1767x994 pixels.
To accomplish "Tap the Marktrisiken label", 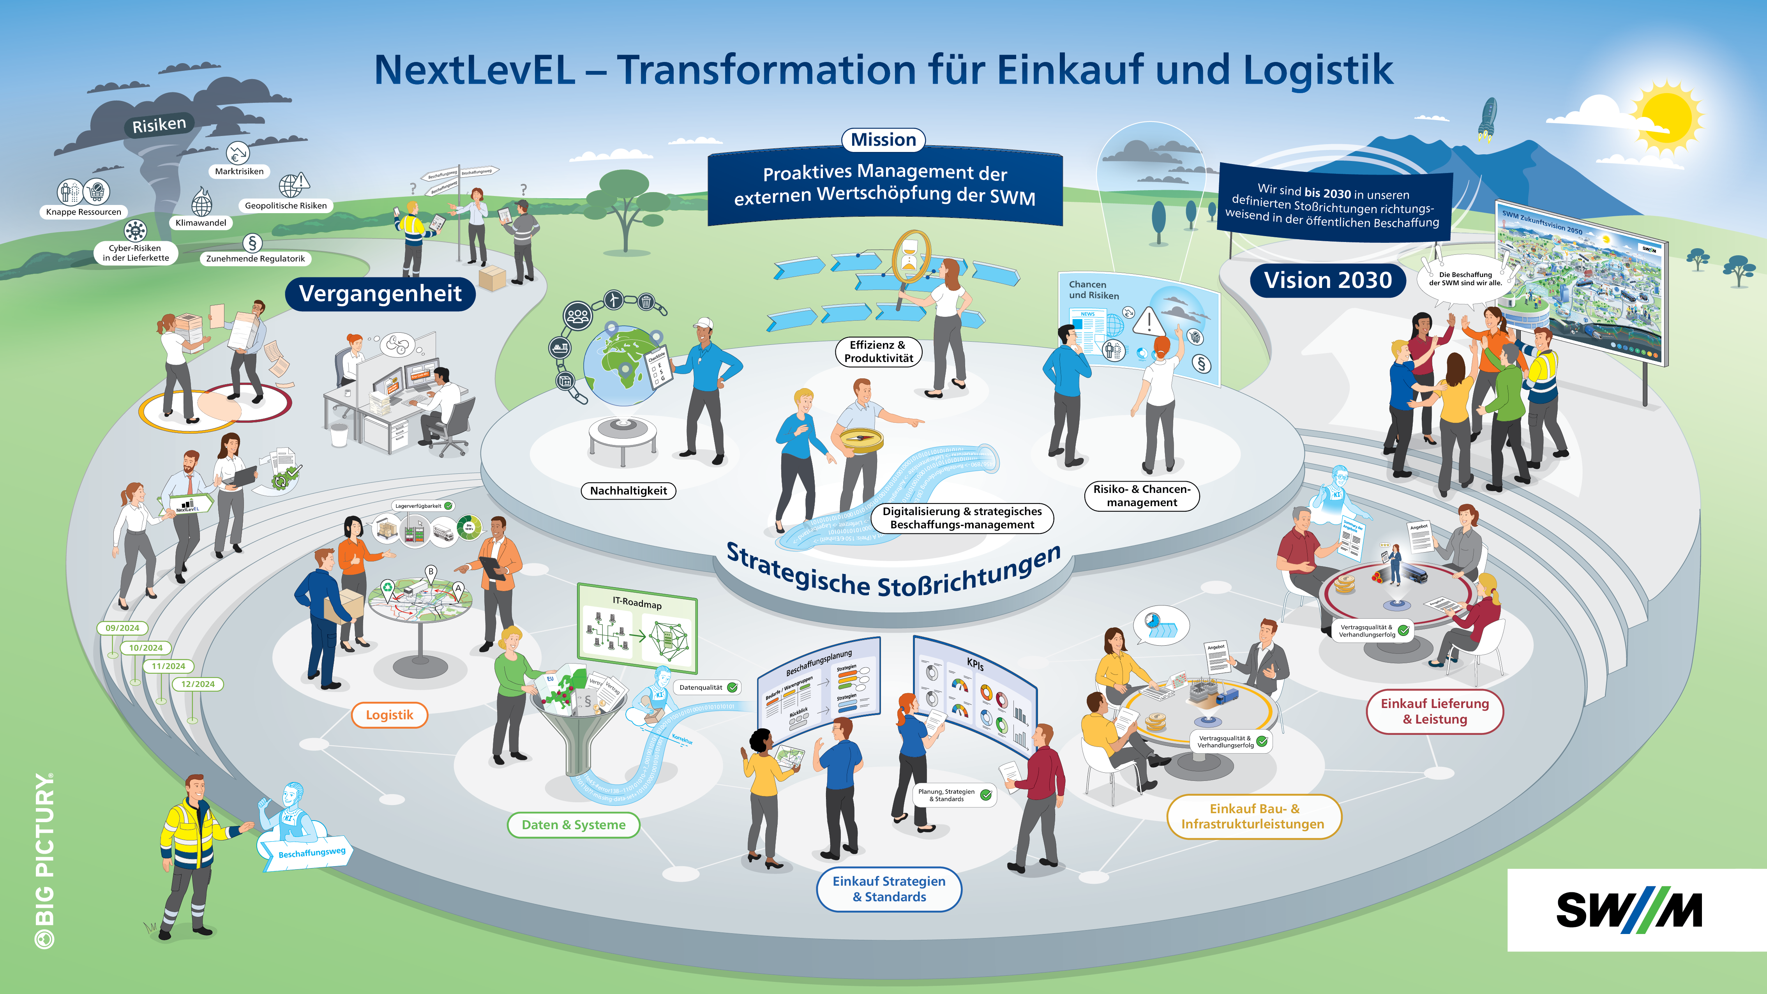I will coord(239,171).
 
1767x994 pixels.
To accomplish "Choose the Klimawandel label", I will coord(200,223).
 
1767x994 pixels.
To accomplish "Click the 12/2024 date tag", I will coord(198,684).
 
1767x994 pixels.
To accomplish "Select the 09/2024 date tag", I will coord(122,628).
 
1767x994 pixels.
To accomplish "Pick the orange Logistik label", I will coord(389,715).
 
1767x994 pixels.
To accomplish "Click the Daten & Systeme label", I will coord(574,825).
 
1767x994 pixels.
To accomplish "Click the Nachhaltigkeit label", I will coord(628,491).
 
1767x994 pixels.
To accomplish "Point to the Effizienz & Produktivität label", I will coord(878,351).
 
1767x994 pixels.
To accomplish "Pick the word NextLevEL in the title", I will coord(474,70).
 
